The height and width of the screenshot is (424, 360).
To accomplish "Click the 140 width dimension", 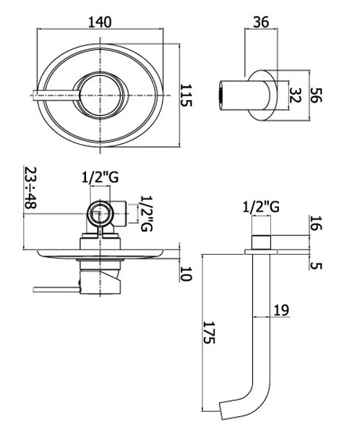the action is pyautogui.click(x=100, y=22).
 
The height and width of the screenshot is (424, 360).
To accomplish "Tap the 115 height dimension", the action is pyautogui.click(x=186, y=96).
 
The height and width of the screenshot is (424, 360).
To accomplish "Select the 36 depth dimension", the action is pyautogui.click(x=261, y=22).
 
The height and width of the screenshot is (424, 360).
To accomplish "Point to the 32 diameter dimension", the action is pyautogui.click(x=295, y=95).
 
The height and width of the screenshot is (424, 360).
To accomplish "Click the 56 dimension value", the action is pyautogui.click(x=316, y=95).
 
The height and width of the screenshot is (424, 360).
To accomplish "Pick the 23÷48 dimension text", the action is pyautogui.click(x=30, y=187).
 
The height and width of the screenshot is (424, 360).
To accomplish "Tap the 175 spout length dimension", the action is pyautogui.click(x=209, y=332).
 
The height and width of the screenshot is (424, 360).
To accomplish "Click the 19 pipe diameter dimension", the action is pyautogui.click(x=281, y=310).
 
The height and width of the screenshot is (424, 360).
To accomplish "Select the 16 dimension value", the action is pyautogui.click(x=316, y=223).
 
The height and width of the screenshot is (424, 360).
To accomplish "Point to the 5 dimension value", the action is pyautogui.click(x=316, y=266).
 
